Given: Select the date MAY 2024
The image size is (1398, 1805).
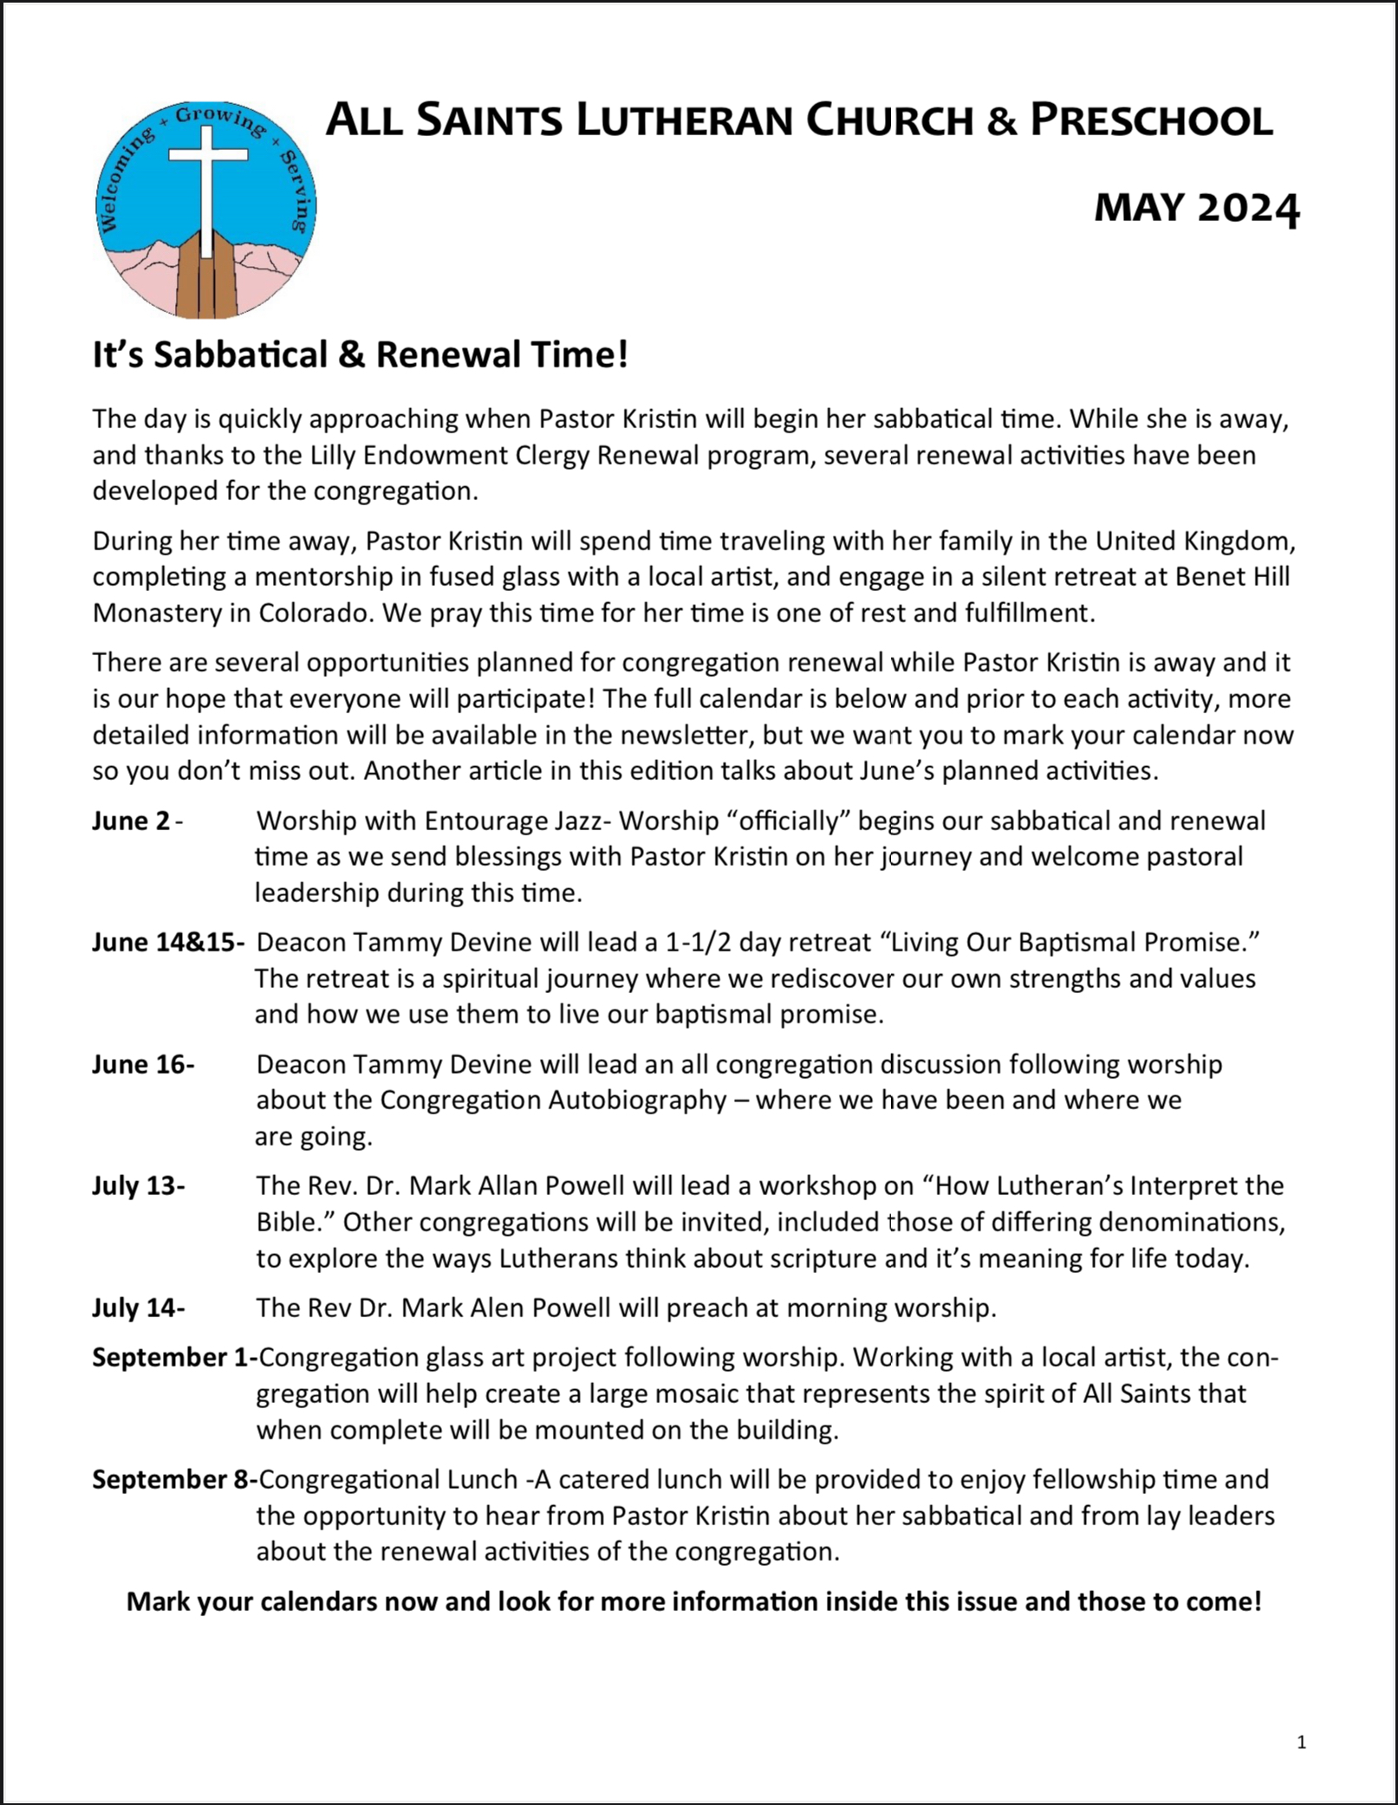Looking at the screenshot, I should point(1196,208).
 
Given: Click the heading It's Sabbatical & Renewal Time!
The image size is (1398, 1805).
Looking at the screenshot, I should point(360,354).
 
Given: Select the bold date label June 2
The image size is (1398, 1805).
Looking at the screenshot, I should point(131,821).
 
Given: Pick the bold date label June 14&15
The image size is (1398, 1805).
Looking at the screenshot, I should point(168,942).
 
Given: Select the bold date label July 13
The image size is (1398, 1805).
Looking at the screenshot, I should point(138,1185).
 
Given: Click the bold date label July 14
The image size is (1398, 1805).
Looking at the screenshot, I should point(138,1308).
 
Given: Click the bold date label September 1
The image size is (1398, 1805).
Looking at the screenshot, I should point(173,1357).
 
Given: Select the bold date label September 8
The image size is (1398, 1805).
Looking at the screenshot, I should point(173,1479).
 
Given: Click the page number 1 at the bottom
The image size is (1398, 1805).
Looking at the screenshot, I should point(1301,1743).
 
